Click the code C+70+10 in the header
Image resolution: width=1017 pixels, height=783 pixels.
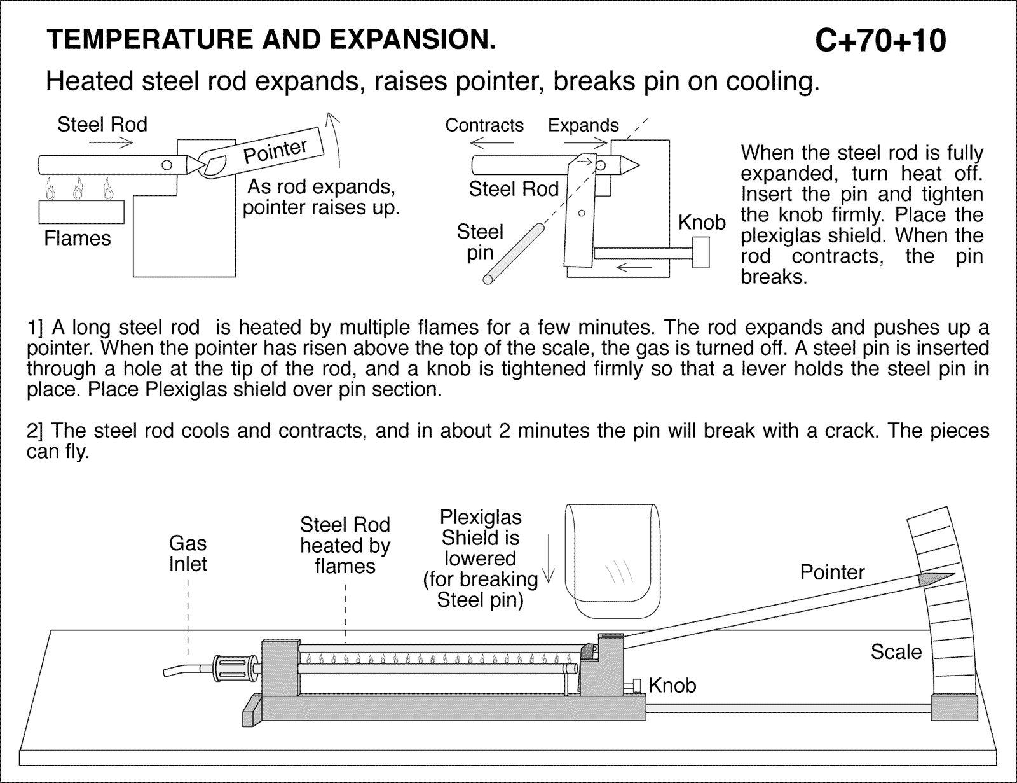click(x=880, y=40)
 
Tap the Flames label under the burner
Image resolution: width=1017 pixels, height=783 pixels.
click(x=78, y=239)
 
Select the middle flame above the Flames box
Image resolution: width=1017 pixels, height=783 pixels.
click(x=78, y=188)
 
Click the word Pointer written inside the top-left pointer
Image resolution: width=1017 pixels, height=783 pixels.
click(x=275, y=151)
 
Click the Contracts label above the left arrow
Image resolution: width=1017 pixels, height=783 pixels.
click(x=484, y=125)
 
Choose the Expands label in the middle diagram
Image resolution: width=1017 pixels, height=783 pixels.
click(x=583, y=125)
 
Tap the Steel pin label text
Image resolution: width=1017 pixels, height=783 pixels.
click(x=480, y=242)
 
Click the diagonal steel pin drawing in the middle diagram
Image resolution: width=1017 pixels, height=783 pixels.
click(x=514, y=252)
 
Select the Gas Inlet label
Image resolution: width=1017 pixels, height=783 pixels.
click(x=188, y=553)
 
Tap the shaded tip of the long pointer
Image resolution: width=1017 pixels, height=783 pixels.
click(x=934, y=578)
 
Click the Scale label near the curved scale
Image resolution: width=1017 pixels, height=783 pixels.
click(x=896, y=651)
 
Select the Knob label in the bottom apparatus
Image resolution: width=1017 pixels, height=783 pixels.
click(x=672, y=685)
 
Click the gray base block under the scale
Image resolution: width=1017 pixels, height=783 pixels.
click(x=954, y=707)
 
